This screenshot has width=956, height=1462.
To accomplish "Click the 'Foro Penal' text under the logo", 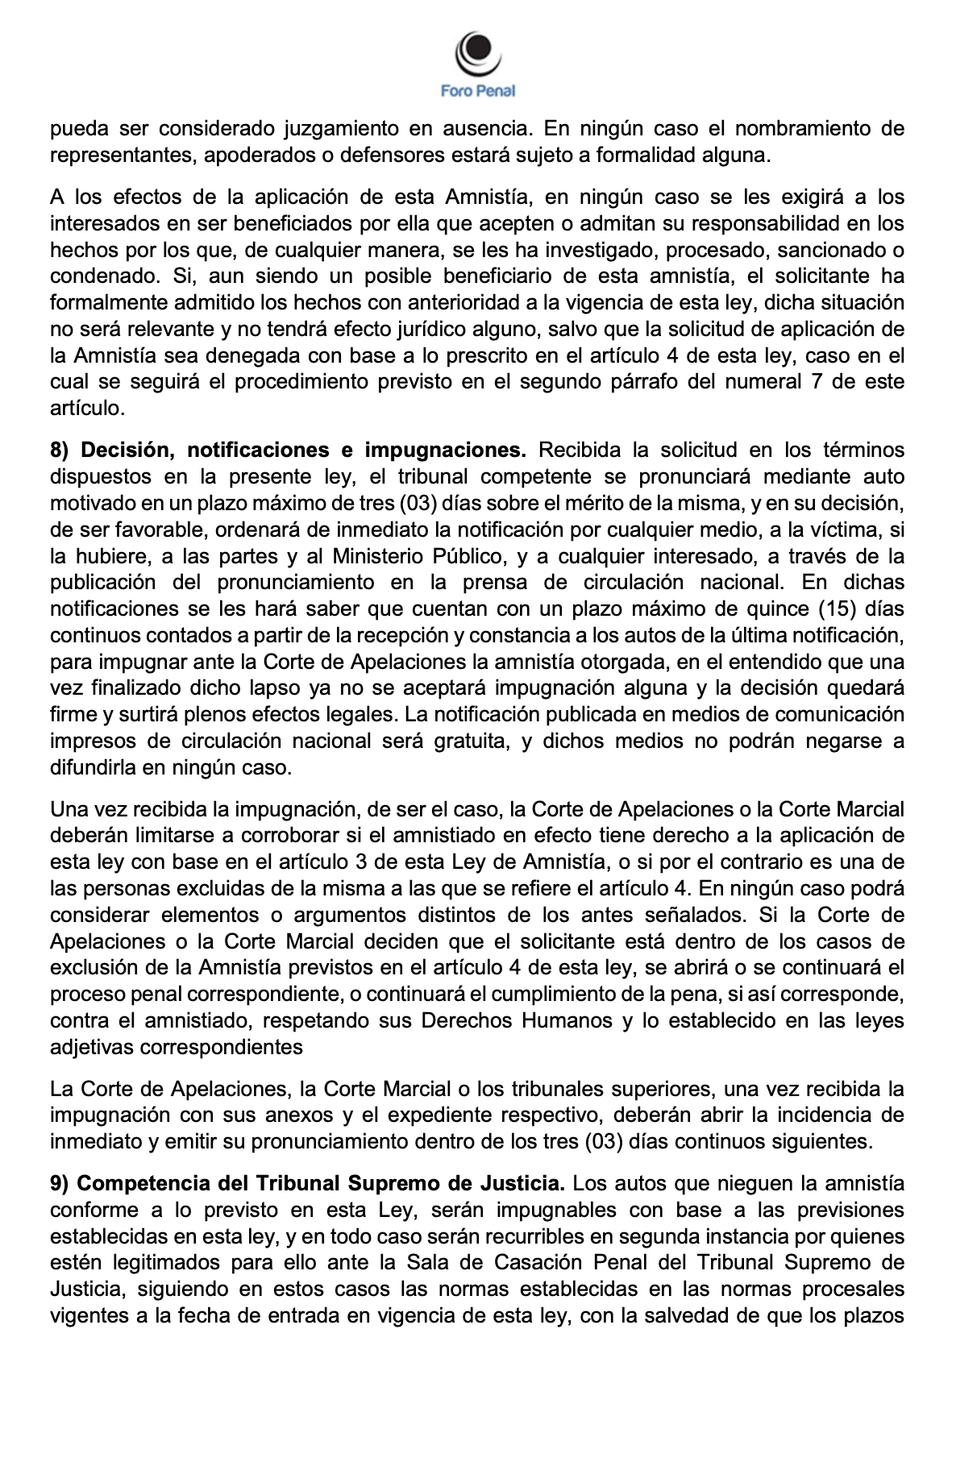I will coord(478,92).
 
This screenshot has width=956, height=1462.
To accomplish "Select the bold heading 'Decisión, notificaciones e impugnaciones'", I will coord(302,450).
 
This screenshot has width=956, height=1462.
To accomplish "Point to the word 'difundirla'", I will coord(95,767).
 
